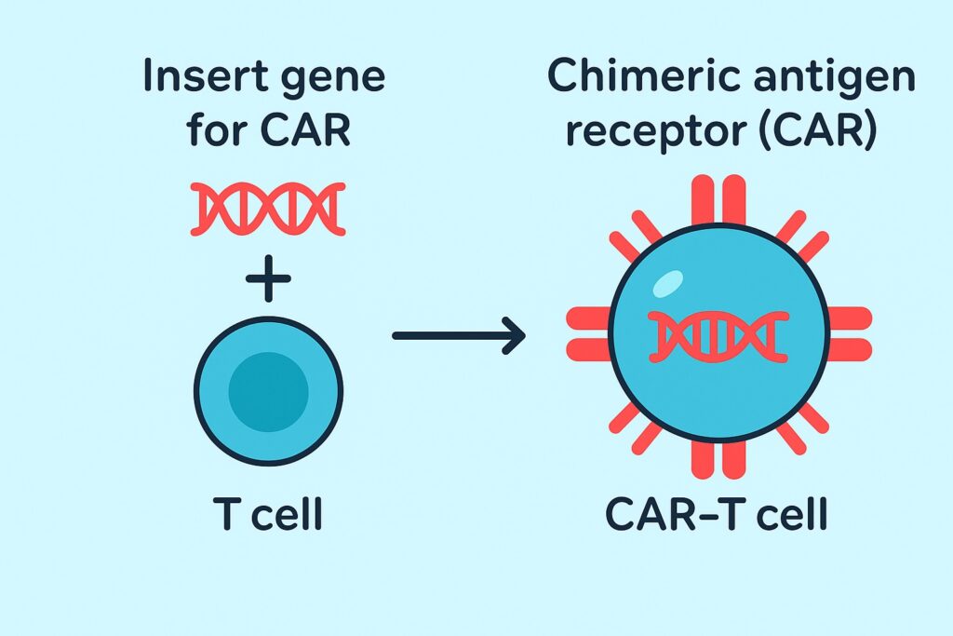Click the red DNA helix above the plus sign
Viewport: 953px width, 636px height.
(x=268, y=209)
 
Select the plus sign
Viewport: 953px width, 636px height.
(x=268, y=278)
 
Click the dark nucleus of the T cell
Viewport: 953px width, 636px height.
(x=269, y=392)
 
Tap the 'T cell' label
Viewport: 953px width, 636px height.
(x=267, y=514)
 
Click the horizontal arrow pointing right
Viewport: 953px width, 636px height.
(x=459, y=335)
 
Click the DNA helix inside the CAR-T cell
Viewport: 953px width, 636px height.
(x=718, y=337)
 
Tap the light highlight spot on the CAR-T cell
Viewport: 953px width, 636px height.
(x=667, y=284)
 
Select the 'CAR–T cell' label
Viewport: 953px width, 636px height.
(x=717, y=514)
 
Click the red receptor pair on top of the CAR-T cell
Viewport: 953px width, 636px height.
(x=718, y=200)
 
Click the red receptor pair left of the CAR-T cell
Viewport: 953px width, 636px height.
(x=588, y=333)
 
